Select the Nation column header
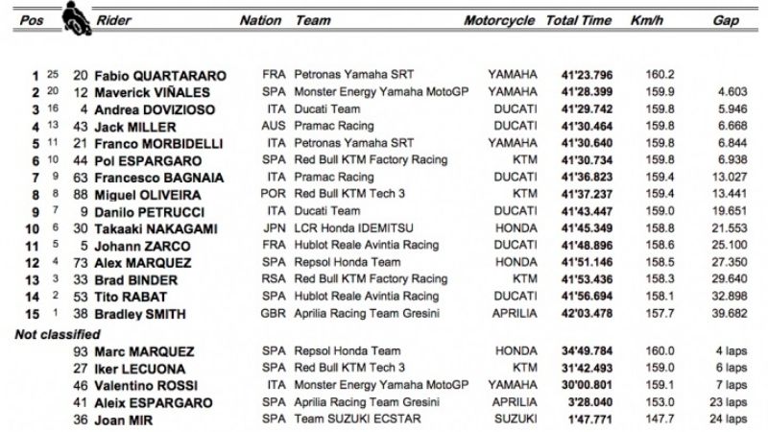point(260,20)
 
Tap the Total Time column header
point(579,20)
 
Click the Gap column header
point(726,20)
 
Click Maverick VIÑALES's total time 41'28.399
point(579,92)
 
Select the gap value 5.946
point(731,110)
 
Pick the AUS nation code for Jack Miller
point(274,128)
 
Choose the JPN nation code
point(274,229)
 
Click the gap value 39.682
point(728,314)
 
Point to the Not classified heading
point(58,334)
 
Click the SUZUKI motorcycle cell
point(514,420)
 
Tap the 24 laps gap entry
point(725,420)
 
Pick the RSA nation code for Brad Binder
point(274,279)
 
